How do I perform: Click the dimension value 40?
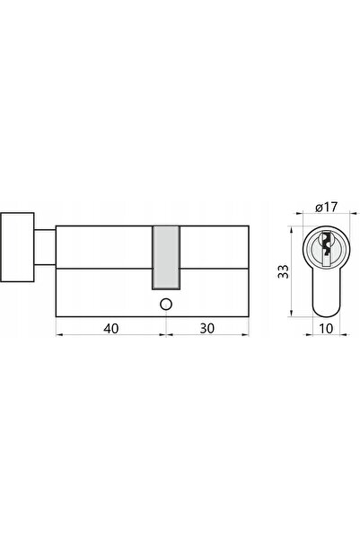(x=110, y=328)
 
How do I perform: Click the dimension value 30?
(x=206, y=328)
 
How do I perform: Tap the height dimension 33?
(x=284, y=271)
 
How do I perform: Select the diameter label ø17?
(x=327, y=207)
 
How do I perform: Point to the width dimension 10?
(x=326, y=329)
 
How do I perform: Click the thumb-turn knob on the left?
(x=17, y=247)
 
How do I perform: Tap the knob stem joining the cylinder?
(x=45, y=247)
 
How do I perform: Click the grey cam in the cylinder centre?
(x=166, y=257)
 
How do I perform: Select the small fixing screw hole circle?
(x=166, y=305)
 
